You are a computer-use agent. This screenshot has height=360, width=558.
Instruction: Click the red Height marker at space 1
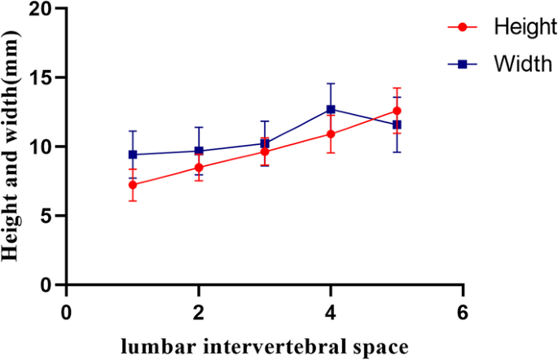(133, 185)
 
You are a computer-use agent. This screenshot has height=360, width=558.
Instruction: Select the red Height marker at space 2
(199, 168)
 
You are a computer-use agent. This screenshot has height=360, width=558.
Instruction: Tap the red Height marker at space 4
(331, 134)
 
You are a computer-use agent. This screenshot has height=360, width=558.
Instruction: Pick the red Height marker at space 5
(397, 111)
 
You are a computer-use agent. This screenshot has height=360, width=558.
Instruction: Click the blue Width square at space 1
(133, 155)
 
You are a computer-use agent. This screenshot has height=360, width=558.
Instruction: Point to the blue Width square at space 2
(199, 151)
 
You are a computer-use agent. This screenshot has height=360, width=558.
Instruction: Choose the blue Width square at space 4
(331, 109)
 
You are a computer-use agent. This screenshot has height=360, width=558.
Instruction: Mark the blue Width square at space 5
(397, 125)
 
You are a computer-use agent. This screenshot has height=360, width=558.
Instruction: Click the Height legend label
(524, 27)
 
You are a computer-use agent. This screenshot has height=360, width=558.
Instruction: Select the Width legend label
(521, 64)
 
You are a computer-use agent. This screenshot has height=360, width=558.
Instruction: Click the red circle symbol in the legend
(463, 27)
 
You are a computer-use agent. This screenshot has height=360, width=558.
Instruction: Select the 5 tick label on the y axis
(51, 216)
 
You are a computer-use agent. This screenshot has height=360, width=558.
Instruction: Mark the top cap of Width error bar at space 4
(331, 83)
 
